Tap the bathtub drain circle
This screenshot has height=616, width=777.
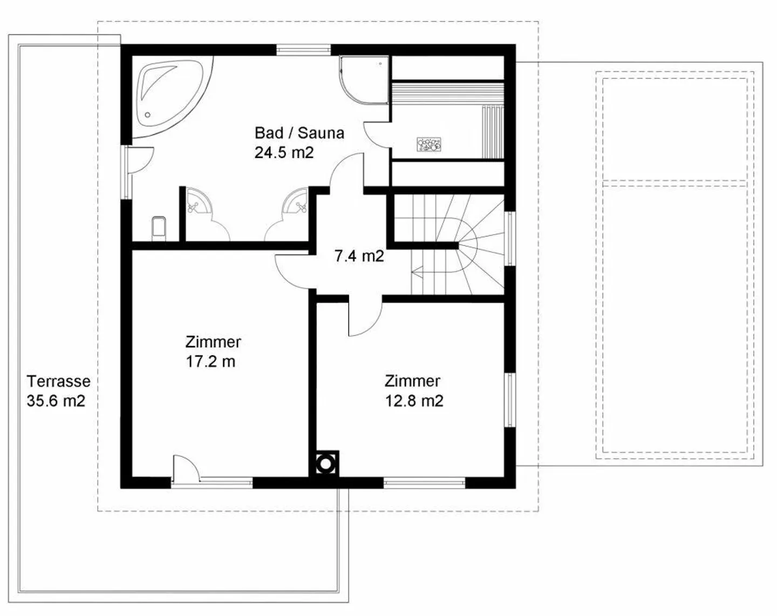click(147, 115)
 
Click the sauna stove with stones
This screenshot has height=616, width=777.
click(429, 143)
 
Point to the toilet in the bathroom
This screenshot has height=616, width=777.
click(159, 228)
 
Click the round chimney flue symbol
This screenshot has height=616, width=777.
click(325, 463)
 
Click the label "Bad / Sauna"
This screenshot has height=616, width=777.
click(299, 133)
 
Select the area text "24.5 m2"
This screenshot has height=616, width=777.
click(284, 152)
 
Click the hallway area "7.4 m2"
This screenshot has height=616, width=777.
click(359, 256)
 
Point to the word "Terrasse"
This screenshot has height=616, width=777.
click(58, 381)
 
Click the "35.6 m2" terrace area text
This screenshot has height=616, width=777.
click(56, 401)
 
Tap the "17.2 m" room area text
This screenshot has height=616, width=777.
click(210, 361)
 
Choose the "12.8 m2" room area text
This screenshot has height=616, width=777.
click(414, 401)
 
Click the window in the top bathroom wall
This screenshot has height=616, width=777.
click(303, 50)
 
